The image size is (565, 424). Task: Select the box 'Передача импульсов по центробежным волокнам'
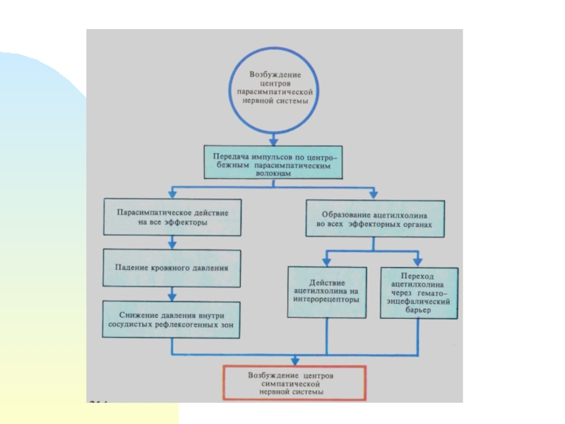click(275, 161)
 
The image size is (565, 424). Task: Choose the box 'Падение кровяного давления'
click(172, 268)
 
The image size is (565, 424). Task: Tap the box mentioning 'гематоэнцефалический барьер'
click(420, 293)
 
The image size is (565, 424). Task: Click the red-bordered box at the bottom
click(295, 382)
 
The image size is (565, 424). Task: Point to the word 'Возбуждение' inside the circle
click(276, 74)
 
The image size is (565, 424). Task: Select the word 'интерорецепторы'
click(326, 299)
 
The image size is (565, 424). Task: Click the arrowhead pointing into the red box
click(295, 360)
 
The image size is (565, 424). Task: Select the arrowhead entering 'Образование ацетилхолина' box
click(374, 194)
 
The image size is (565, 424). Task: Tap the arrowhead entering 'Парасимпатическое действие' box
click(172, 194)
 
